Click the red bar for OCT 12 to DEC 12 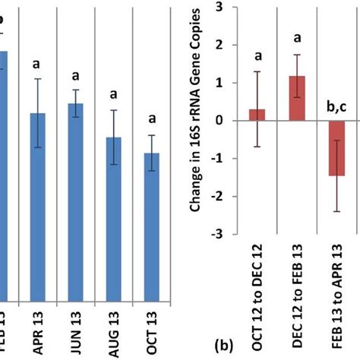[x=257, y=115]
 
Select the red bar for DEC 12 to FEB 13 [x=297, y=99]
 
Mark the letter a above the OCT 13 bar [x=152, y=118]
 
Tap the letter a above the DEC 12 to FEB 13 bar [x=297, y=36]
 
